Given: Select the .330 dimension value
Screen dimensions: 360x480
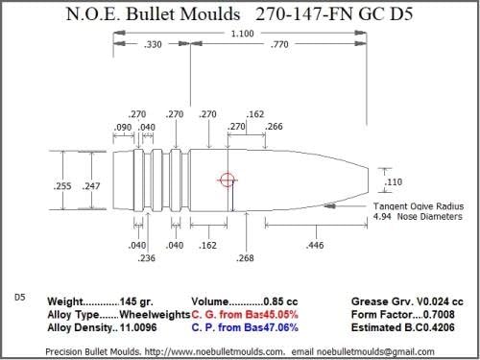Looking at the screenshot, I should tap(152, 44).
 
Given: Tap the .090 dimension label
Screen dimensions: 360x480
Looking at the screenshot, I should tap(123, 128).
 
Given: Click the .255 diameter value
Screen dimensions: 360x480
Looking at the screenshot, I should tap(62, 184).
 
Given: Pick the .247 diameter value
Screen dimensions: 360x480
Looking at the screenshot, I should tap(91, 184).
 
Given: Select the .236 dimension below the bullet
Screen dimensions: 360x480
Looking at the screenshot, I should tap(147, 257).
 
